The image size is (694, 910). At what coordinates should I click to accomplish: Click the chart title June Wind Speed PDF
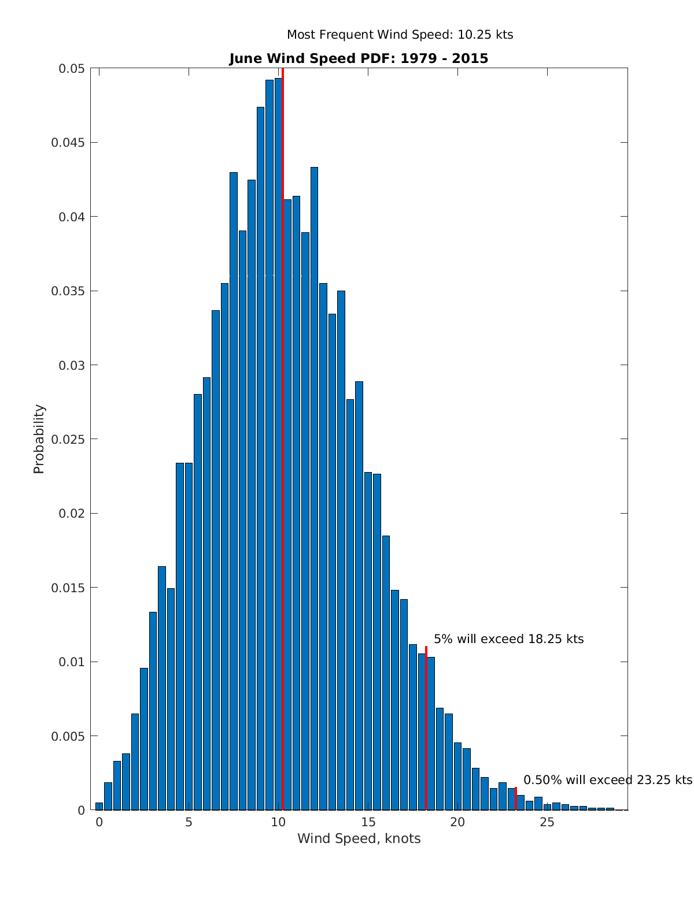point(359,58)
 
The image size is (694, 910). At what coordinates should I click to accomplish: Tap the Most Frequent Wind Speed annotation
point(400,35)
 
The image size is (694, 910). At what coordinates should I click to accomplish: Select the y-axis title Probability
point(39,439)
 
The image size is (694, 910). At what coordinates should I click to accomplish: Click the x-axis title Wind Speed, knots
point(359,838)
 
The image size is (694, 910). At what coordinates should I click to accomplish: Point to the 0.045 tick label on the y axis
point(68,143)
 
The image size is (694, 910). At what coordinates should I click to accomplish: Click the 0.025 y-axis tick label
point(68,439)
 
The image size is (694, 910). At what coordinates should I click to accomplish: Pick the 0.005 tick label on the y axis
point(68,736)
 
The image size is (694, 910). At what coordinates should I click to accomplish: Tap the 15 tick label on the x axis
point(368,822)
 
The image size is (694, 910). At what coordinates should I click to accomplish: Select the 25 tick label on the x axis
point(547,822)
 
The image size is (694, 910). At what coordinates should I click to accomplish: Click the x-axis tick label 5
point(189,822)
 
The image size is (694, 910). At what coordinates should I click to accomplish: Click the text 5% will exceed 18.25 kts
point(508,639)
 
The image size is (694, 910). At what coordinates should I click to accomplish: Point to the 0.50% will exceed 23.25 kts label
point(607,780)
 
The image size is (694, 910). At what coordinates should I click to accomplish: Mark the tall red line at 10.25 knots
point(283,404)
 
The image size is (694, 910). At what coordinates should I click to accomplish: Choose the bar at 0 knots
point(99,807)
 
